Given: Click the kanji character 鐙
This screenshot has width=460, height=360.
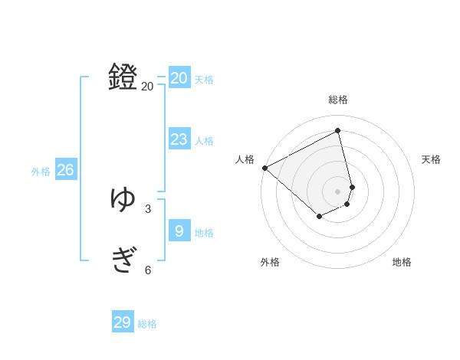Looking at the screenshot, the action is point(123,77).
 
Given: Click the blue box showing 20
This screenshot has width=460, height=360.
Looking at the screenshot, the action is point(179,77).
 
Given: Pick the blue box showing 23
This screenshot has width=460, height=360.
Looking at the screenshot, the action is point(179,139).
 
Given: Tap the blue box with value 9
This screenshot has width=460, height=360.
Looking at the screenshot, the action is point(179,231).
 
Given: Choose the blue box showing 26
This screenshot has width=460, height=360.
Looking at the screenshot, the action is point(65,169).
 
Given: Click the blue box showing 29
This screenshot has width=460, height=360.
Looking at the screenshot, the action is point(123,322).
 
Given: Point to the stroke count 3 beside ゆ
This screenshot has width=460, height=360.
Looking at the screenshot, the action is point(148,208).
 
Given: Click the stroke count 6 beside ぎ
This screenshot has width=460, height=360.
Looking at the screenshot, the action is point(148,270).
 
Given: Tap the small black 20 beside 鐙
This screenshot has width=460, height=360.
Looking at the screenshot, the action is point(147,87).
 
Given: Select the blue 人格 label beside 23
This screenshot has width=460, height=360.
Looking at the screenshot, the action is point(204,141).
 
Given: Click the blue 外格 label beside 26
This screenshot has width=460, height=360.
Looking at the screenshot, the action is point(41,172).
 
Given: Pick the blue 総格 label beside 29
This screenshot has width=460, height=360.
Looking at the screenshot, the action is point(147,324).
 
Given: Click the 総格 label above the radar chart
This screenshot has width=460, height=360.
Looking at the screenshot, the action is point(338,100).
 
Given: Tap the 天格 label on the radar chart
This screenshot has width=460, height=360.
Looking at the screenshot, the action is point(432,159).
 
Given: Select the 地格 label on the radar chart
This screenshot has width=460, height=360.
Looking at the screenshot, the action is point(402,263).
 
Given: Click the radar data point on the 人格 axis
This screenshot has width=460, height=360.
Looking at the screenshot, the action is point(264,168).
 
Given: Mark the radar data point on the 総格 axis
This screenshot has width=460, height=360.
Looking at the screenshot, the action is point(338,130).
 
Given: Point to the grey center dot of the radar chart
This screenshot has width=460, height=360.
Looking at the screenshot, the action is point(338,191).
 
